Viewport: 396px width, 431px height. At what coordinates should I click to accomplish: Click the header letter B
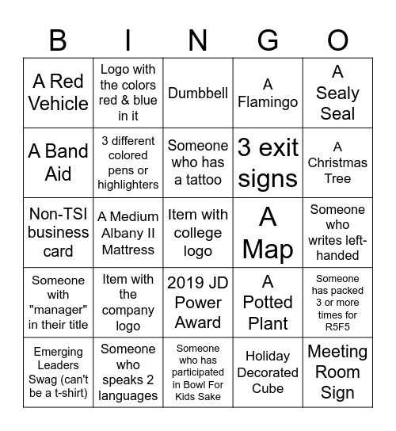58,39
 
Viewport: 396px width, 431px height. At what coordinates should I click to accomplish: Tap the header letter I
128,39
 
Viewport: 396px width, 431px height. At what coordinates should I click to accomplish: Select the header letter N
198,39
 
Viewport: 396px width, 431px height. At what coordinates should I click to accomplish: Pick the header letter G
268,39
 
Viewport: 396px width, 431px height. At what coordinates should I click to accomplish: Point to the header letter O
338,39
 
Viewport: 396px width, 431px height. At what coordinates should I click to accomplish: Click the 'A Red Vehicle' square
58,93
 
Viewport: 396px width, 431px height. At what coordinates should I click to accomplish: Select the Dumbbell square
198,93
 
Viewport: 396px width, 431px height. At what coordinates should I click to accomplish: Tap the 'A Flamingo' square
268,93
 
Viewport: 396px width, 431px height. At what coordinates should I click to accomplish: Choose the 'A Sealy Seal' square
338,93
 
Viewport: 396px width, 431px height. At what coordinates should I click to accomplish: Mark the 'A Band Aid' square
58,162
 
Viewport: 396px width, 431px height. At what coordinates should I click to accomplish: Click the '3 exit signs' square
268,162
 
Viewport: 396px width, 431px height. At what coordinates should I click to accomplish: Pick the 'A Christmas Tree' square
338,162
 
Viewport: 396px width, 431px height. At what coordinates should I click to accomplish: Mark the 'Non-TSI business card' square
58,232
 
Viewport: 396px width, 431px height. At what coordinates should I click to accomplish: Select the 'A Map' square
268,232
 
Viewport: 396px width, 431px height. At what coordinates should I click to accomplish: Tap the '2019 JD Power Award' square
198,302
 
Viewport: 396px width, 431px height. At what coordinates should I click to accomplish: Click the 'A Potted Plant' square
268,302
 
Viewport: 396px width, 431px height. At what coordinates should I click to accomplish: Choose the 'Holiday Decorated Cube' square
268,372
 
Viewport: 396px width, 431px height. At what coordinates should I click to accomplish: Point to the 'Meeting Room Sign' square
338,372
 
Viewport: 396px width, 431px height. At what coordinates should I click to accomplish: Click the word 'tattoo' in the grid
198,180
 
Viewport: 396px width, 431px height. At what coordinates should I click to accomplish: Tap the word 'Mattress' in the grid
128,250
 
